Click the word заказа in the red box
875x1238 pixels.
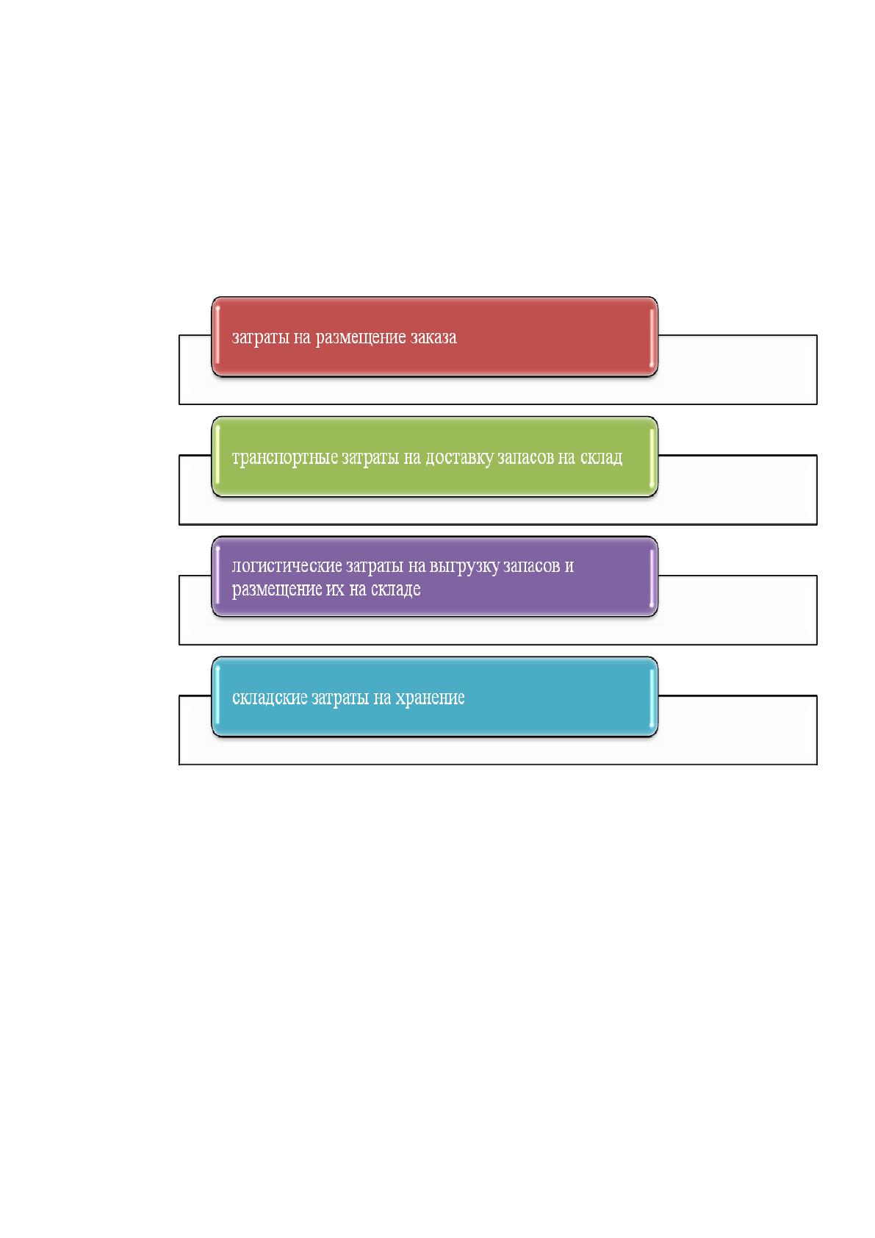433,337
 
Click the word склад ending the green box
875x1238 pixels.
601,457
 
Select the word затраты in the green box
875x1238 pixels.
370,458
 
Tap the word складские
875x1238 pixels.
270,698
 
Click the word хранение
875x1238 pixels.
430,698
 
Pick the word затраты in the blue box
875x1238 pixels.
339,698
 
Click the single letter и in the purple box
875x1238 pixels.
569,567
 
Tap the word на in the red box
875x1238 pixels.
302,337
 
